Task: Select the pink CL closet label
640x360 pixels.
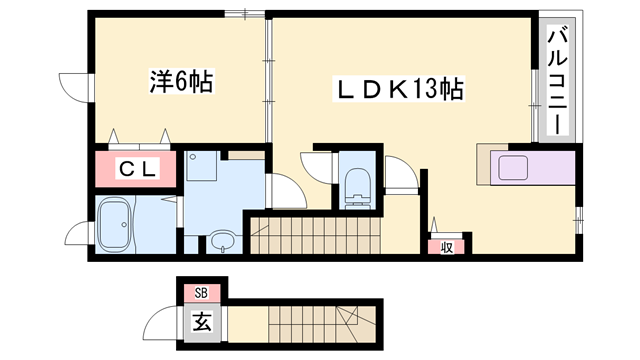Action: [x=138, y=170]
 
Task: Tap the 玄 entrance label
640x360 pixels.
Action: [x=201, y=322]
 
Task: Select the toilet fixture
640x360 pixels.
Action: [x=356, y=186]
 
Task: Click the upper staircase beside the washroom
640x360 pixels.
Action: [x=315, y=238]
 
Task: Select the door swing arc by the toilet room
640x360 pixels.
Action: [x=398, y=180]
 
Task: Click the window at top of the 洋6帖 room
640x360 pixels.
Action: [x=247, y=13]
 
